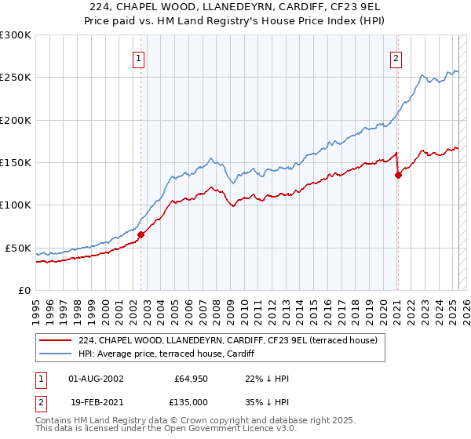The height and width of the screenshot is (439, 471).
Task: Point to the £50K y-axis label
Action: [x=18, y=248]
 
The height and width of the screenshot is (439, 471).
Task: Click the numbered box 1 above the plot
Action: [x=138, y=57]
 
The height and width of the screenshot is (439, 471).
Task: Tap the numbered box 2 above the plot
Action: [x=396, y=57]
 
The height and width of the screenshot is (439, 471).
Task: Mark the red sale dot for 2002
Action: [x=141, y=234]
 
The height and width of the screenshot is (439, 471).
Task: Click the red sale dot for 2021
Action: [x=398, y=175]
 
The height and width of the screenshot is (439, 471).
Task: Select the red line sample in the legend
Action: [x=57, y=340]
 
